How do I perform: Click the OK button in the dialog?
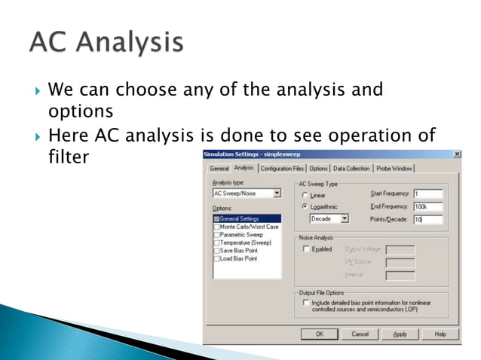(319, 334)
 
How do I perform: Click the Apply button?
(400, 334)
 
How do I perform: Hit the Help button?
(440, 334)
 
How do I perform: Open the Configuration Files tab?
(282, 169)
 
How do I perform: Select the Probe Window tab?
(394, 169)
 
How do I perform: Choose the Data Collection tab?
(351, 169)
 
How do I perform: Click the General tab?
(219, 169)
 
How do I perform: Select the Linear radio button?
(305, 195)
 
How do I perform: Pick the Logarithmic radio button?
(305, 206)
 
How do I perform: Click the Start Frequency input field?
(428, 194)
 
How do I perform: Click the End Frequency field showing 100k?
(428, 206)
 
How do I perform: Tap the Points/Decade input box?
(428, 219)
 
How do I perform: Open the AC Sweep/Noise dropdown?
(276, 194)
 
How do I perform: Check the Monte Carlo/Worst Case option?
(216, 227)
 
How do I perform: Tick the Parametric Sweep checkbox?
(216, 234)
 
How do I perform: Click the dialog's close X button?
(457, 154)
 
